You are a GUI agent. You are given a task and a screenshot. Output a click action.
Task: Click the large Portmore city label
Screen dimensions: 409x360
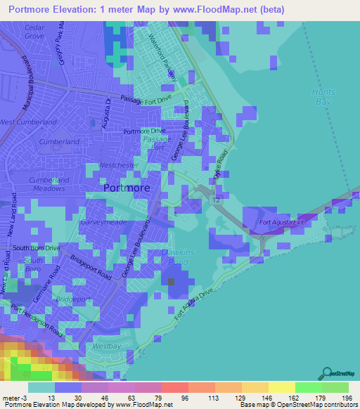(126, 188)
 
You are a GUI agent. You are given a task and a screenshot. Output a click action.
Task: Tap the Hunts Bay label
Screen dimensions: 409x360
(323, 97)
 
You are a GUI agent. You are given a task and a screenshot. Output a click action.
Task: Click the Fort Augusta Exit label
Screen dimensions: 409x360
(283, 223)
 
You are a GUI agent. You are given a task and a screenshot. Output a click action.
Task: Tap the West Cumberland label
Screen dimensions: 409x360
(28, 122)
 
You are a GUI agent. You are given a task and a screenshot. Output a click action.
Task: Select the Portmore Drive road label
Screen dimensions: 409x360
(143, 131)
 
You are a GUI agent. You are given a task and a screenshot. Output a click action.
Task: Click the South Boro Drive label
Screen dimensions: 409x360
(36, 248)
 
